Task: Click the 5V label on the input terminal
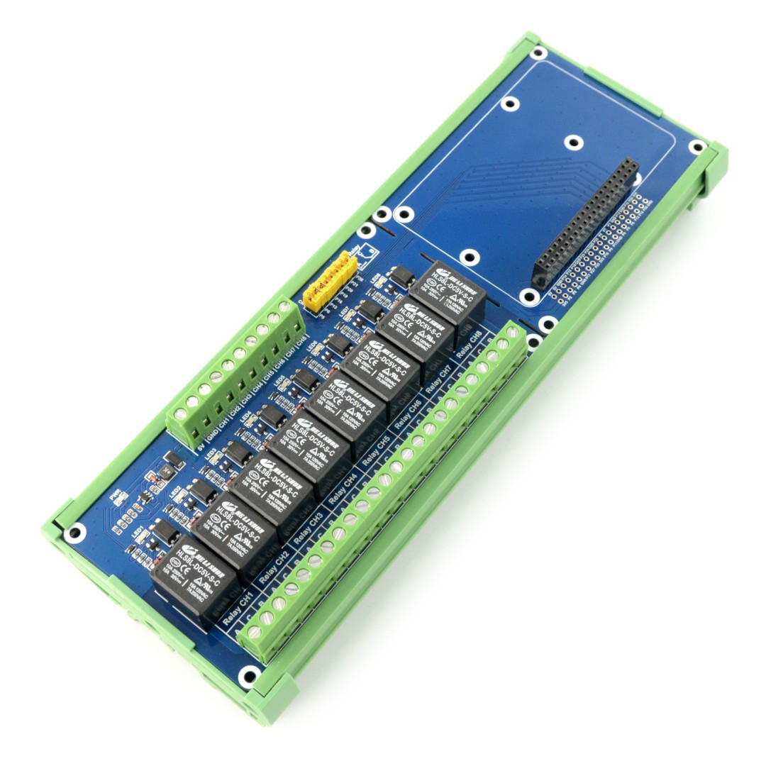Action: coord(201,448)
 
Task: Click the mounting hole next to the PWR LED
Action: coord(73,532)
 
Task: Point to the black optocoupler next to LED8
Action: coord(403,277)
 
